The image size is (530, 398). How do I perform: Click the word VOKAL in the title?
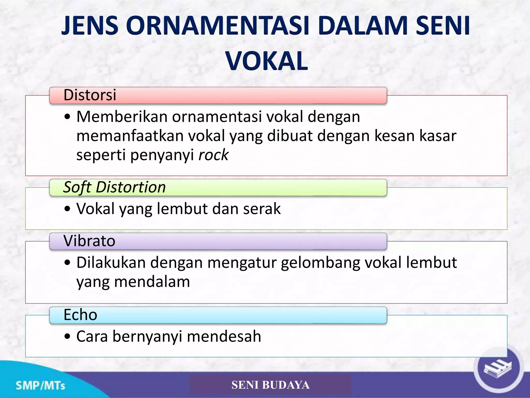tap(267, 61)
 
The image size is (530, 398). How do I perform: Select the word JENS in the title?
tap(90, 26)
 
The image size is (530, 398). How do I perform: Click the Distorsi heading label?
tap(90, 95)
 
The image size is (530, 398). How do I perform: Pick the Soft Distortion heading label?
tap(114, 187)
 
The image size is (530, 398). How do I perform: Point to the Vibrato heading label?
tap(89, 241)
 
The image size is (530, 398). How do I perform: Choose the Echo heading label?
tap(80, 315)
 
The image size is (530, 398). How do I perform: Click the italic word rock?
tap(214, 155)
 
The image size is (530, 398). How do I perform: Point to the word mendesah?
tap(224, 336)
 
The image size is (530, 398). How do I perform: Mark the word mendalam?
tap(152, 282)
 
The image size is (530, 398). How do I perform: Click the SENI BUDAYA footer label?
tap(270, 385)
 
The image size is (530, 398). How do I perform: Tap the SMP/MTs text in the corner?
tap(40, 386)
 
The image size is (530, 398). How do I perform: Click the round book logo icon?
tap(498, 368)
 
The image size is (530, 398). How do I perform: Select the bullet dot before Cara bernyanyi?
tap(67, 337)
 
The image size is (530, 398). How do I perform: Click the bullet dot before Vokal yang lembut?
tap(67, 209)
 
